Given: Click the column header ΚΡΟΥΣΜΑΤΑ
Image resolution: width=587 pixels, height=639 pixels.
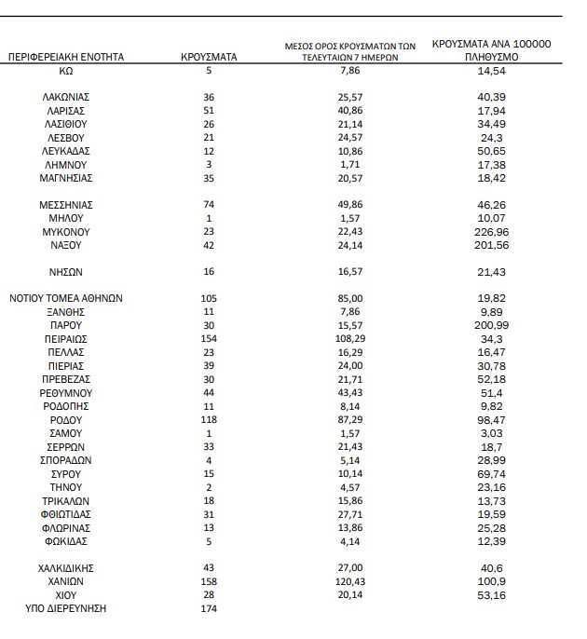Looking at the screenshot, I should click(209, 57).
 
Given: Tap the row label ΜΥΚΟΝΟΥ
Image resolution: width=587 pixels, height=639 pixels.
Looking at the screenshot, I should click(66, 231).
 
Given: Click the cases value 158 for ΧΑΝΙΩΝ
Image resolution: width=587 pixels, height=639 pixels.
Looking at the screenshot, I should click(209, 580).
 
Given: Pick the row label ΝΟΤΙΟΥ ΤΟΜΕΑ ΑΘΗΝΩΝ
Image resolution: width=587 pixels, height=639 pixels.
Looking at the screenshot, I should click(66, 299).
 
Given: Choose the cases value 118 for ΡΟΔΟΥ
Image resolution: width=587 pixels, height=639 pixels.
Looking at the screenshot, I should click(209, 420).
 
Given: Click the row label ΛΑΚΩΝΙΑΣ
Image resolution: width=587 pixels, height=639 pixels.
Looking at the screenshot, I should click(66, 97).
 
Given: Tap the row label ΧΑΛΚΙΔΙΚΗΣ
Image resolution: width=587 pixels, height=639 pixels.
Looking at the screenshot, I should click(66, 567).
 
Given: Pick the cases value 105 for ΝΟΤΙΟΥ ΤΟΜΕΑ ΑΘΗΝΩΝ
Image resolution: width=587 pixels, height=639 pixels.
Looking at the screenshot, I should click(209, 299).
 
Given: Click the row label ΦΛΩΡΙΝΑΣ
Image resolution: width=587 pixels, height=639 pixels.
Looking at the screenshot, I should click(66, 527).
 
